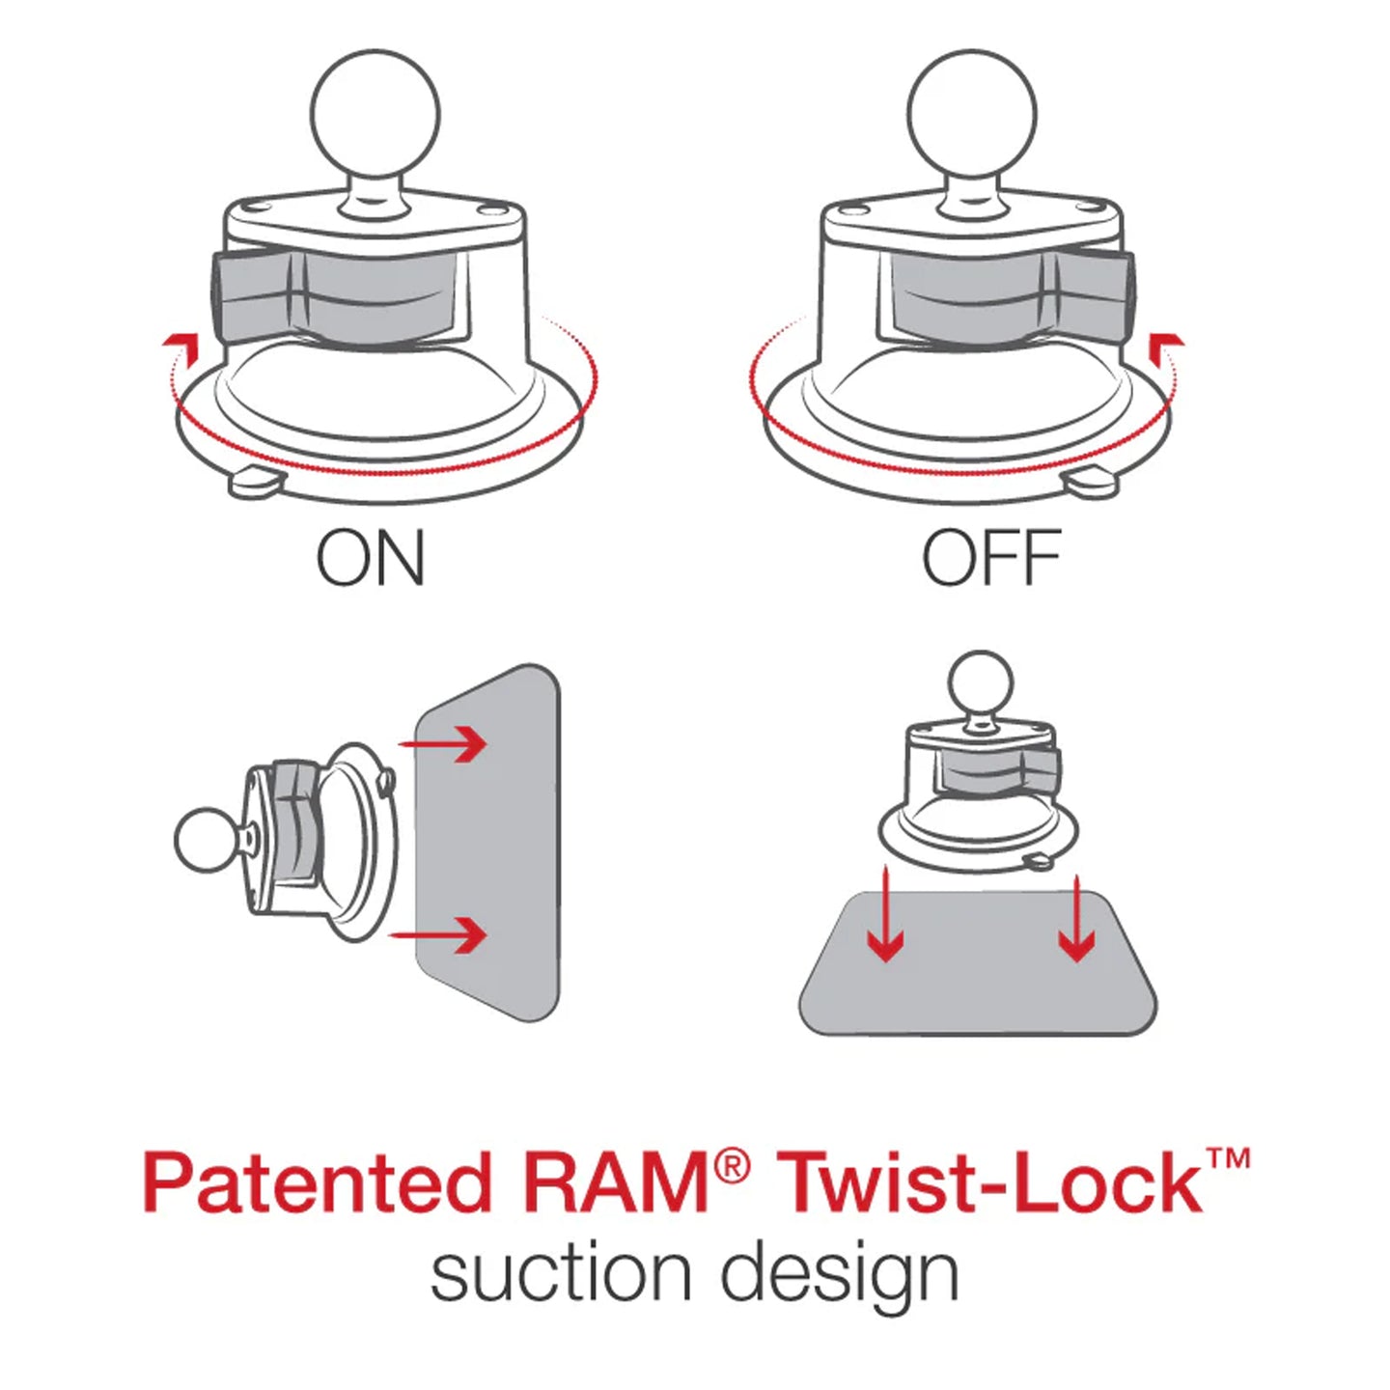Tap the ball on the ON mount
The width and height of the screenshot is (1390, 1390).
[375, 113]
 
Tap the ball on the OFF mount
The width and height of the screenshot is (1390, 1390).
[973, 113]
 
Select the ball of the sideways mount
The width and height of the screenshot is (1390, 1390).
[208, 840]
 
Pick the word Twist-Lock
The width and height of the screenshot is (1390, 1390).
[989, 1182]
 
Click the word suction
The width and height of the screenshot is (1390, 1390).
[560, 1274]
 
